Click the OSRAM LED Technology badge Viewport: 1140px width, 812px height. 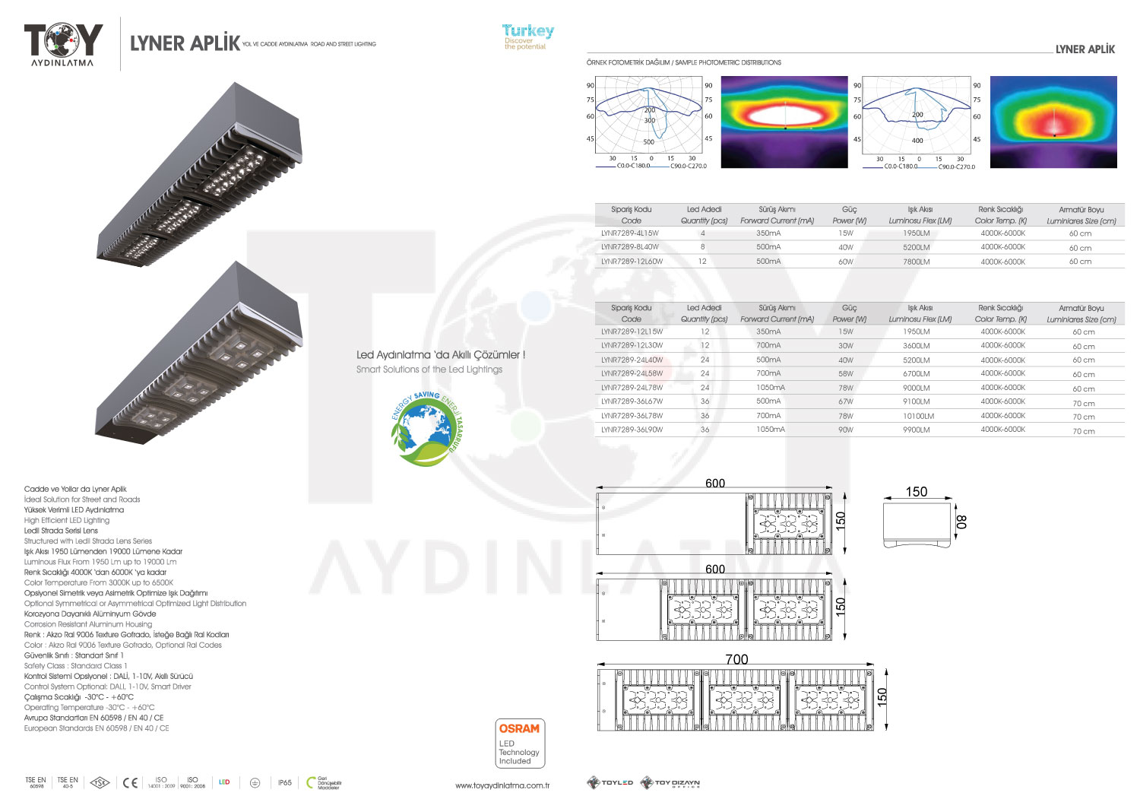(x=519, y=743)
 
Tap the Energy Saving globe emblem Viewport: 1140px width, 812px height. (x=426, y=429)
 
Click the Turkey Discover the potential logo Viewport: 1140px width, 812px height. (x=527, y=36)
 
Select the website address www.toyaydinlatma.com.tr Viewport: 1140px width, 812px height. (x=502, y=785)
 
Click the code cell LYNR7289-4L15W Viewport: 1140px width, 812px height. (x=629, y=233)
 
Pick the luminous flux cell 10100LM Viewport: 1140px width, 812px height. (x=918, y=416)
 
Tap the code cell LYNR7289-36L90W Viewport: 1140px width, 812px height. (x=632, y=430)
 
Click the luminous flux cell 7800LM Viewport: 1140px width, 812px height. (x=916, y=262)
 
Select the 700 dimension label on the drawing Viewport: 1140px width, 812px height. (x=736, y=659)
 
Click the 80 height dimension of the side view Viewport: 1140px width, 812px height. (x=961, y=522)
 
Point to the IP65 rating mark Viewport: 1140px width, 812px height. (x=284, y=782)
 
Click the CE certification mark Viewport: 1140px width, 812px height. (x=130, y=782)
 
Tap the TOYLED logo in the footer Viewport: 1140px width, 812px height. (x=610, y=782)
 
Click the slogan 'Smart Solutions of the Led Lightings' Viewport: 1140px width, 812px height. (x=429, y=370)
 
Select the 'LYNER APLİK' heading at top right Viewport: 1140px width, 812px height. (x=1085, y=49)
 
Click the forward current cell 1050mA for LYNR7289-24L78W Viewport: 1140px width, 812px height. (x=770, y=388)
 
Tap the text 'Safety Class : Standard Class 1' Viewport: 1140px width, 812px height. (x=75, y=665)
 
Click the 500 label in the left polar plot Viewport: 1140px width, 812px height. (x=648, y=142)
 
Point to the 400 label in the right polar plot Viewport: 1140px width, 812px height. (x=917, y=141)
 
